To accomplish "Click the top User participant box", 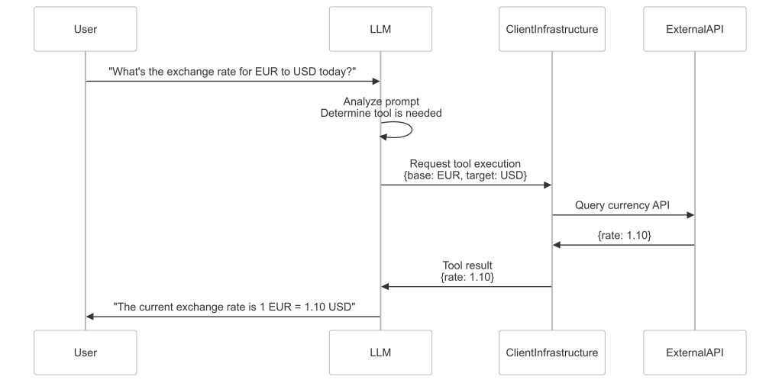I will point(86,30).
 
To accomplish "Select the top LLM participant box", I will point(380,30).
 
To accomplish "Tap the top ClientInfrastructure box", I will point(551,30).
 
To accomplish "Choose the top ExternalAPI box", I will point(694,30).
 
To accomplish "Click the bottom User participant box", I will point(86,352).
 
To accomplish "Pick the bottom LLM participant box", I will point(380,352).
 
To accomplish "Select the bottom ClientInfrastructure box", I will point(551,352).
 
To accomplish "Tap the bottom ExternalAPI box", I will point(694,352).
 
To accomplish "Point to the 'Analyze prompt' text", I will point(380,101).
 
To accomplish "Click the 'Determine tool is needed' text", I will point(380,113).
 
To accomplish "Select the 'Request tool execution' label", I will point(465,163).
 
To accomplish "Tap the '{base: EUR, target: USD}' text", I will point(465,175).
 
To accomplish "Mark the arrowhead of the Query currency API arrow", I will point(690,215).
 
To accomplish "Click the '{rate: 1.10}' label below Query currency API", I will point(624,236).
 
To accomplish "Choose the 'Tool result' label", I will point(467,266).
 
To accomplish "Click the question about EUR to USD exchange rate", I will point(232,71).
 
